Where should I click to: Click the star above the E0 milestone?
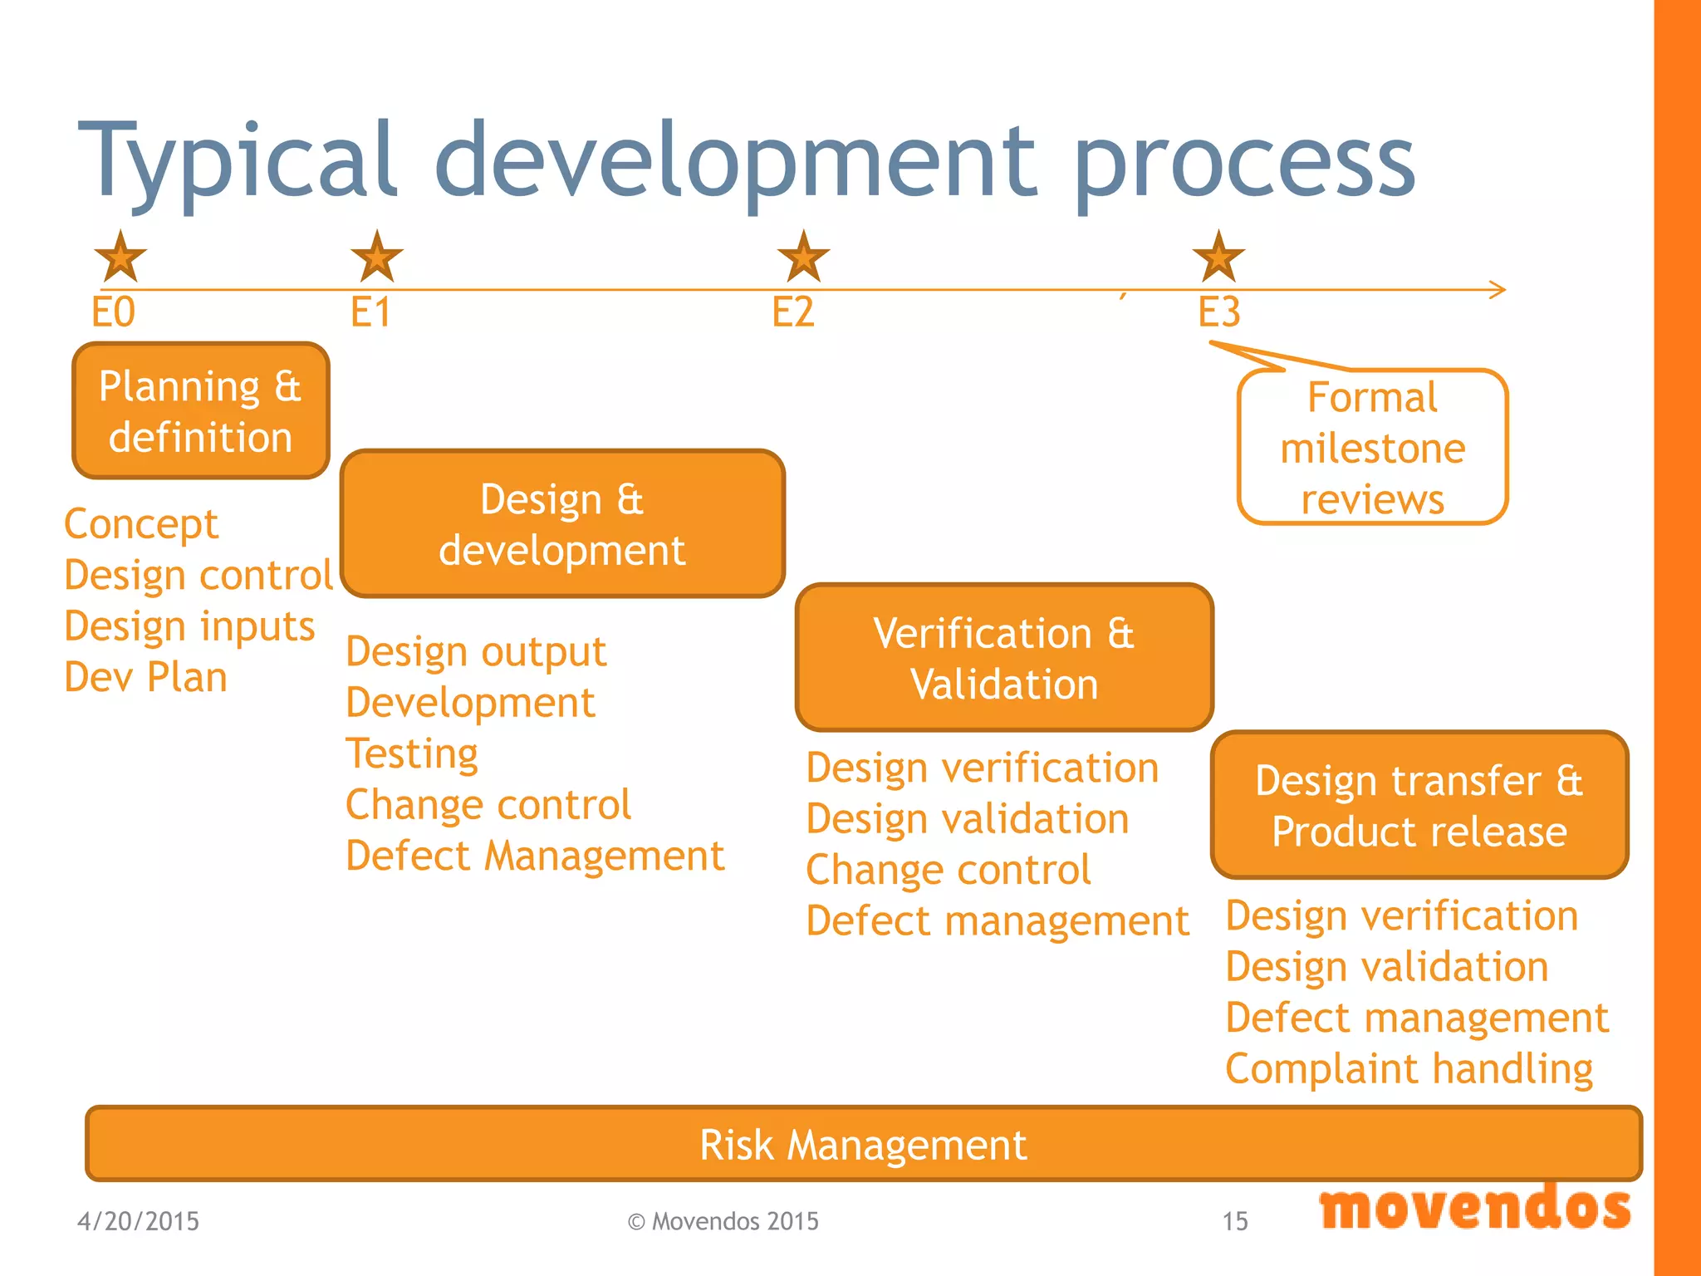120,258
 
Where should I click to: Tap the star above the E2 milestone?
803,258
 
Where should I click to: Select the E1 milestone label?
370,313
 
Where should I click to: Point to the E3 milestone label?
1218,313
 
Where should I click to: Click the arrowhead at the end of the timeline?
1498,290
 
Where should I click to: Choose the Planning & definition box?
201,411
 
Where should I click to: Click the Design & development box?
562,524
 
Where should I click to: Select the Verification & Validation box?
1004,658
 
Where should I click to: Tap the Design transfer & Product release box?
1419,805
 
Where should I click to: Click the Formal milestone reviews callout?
1372,448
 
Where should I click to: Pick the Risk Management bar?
863,1144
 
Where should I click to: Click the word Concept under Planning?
141,524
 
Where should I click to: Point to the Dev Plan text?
146,677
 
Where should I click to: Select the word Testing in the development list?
412,753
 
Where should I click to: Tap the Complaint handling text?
1409,1069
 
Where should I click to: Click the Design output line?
476,652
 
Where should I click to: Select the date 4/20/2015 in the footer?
138,1221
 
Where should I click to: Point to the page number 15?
1235,1221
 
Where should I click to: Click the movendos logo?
1475,1209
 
